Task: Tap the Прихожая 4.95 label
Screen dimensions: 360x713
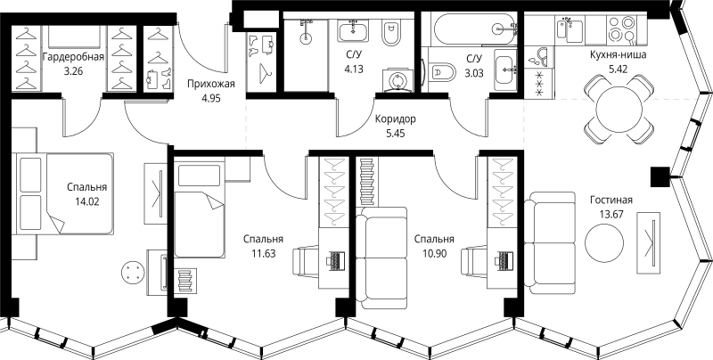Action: pos(210,92)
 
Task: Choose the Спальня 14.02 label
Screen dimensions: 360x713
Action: pos(86,194)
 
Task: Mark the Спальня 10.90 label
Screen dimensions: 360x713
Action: pos(434,247)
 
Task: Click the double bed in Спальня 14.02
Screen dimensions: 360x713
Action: pos(64,194)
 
